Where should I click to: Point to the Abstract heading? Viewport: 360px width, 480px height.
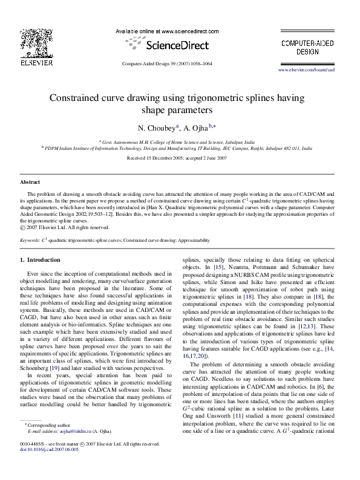coord(30,181)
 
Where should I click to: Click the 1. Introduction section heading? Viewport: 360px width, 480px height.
coord(40,259)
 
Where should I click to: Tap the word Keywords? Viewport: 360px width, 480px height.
coord(30,240)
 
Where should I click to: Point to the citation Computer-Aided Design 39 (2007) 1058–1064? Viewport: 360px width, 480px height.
coord(167,63)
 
